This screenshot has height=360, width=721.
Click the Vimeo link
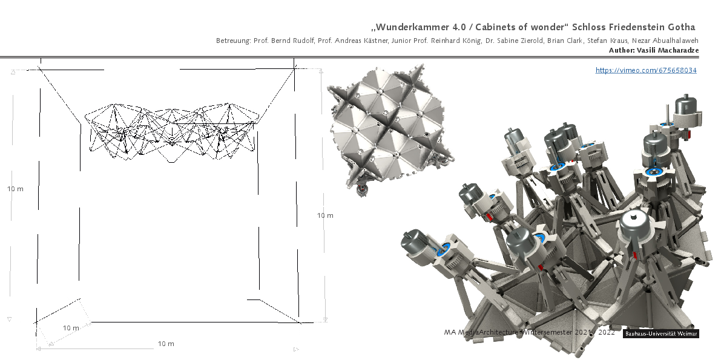pos(645,70)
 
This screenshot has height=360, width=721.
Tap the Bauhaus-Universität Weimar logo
pos(661,334)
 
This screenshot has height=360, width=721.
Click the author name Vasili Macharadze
pos(668,50)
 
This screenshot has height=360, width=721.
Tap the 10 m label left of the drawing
pos(15,189)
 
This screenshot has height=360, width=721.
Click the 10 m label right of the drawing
pos(325,215)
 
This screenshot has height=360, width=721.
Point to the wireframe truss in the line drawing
pos(171,131)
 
